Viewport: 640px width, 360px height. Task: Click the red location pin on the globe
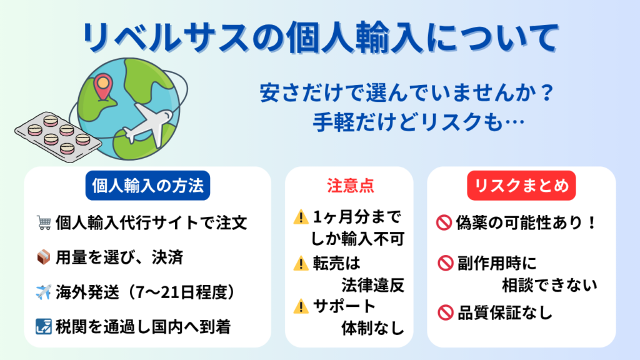tap(103, 86)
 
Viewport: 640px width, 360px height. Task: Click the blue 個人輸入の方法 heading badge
tap(147, 186)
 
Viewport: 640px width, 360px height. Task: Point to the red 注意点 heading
tap(350, 186)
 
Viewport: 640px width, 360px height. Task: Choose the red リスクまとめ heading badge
tap(521, 186)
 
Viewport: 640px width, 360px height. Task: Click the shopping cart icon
tap(44, 223)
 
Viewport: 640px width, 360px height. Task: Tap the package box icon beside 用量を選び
tap(44, 257)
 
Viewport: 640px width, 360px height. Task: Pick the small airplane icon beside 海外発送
tap(44, 292)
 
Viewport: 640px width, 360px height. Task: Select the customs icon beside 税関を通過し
tap(44, 326)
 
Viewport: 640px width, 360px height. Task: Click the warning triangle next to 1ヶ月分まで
tap(301, 217)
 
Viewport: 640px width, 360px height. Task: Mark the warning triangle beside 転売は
tap(301, 264)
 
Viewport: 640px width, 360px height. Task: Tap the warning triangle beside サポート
tap(301, 306)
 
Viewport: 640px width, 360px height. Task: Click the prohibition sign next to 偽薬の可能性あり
tap(444, 223)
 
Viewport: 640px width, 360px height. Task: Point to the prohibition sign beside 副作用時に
tap(445, 263)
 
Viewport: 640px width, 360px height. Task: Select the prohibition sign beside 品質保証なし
tap(445, 313)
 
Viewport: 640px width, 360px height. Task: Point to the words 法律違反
tap(372, 285)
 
